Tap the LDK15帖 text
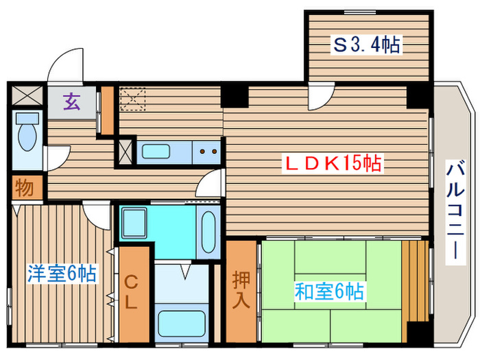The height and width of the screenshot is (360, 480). coord(333,164)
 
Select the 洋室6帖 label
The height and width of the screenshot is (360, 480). coord(61,273)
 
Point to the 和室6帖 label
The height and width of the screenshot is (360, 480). coord(329,291)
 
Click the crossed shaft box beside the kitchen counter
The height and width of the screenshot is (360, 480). coord(125,152)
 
